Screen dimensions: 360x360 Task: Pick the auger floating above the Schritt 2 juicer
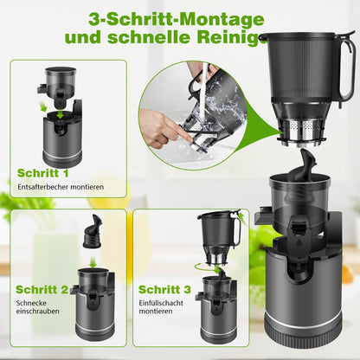[90, 234]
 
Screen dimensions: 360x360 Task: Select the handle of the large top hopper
[347, 69]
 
